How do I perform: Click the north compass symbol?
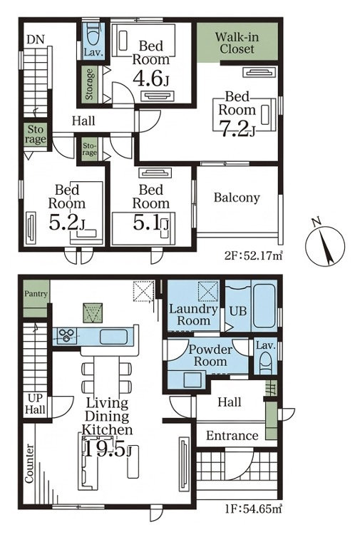[x=324, y=244]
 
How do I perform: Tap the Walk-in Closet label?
[x=237, y=43]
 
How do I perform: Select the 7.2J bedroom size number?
[x=237, y=129]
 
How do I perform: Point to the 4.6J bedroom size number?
[x=150, y=78]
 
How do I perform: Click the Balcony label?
[x=237, y=198]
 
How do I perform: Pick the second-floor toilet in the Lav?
[x=94, y=34]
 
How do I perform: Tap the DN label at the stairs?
[x=36, y=39]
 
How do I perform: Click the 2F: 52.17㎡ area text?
[x=254, y=255]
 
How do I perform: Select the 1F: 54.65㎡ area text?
[x=253, y=509]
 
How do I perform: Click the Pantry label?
[x=36, y=294]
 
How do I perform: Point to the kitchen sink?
[x=114, y=337]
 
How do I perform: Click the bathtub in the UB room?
[x=264, y=306]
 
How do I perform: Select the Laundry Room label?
[x=194, y=315]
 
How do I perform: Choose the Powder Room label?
[x=210, y=355]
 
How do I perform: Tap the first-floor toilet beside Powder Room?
[x=266, y=364]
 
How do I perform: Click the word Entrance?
[x=232, y=436]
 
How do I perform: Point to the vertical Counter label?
[x=30, y=464]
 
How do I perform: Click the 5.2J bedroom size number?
[x=67, y=223]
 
